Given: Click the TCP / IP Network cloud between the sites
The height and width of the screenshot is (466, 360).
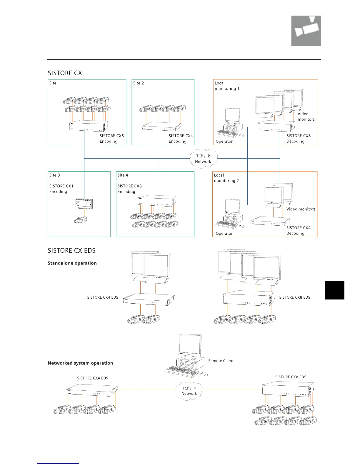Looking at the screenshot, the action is [x=203, y=159].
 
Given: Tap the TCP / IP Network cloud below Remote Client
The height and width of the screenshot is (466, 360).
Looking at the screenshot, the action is [x=189, y=391].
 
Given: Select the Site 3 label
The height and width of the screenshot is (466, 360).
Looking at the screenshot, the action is [x=55, y=175].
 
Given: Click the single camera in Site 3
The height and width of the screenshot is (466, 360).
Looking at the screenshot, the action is [x=81, y=219].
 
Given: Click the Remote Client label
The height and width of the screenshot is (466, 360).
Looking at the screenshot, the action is [x=221, y=361].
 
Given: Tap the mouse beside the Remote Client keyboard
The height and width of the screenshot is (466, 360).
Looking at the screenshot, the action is [x=204, y=374].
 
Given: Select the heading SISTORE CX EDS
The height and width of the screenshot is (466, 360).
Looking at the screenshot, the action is [x=71, y=251].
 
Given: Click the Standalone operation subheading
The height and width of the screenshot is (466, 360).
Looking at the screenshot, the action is [x=72, y=263].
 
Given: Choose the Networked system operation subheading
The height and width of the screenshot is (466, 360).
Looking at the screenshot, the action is [x=80, y=363].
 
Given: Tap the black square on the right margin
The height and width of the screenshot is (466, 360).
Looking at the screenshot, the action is [x=334, y=290].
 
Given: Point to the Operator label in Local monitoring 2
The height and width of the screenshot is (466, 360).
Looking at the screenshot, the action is [x=224, y=234].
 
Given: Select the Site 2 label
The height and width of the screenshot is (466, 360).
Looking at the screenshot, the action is [x=139, y=83].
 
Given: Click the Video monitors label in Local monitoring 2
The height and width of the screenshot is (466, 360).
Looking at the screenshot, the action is [x=301, y=209].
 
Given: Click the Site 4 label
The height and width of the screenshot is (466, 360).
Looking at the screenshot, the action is [x=123, y=175].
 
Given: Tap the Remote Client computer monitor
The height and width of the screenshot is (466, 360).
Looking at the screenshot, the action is [x=190, y=345].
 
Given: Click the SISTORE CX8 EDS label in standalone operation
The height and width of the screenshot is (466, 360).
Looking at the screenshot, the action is [x=295, y=297].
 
